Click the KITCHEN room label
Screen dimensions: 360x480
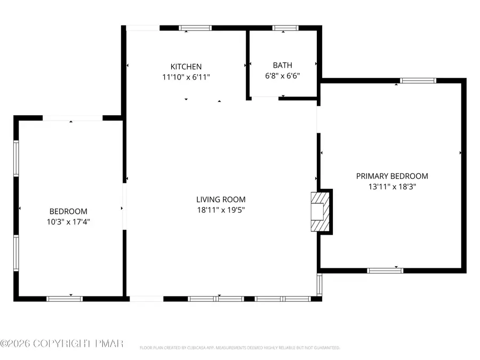(x=186, y=67)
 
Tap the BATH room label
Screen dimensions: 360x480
(x=282, y=66)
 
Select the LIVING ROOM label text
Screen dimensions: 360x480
(x=220, y=199)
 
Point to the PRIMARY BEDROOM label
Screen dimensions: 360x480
(x=392, y=176)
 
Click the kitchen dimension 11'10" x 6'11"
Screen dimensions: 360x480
(x=186, y=77)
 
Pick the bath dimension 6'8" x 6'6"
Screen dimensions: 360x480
(x=282, y=76)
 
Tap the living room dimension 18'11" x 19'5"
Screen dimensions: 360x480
(x=220, y=210)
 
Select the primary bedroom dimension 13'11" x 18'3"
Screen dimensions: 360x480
(x=392, y=186)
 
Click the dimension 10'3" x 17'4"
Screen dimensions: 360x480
(x=68, y=221)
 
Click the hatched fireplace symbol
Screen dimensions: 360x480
(x=321, y=211)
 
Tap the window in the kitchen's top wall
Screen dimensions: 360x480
(x=195, y=28)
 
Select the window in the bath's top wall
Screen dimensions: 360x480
(x=285, y=28)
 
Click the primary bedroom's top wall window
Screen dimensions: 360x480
(x=418, y=81)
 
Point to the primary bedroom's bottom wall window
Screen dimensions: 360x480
(x=385, y=270)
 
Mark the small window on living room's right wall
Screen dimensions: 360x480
(x=319, y=284)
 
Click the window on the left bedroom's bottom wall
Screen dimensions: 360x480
(x=65, y=299)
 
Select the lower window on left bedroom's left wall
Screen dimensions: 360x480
(x=16, y=253)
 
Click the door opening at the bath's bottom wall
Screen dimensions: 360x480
(x=265, y=98)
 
